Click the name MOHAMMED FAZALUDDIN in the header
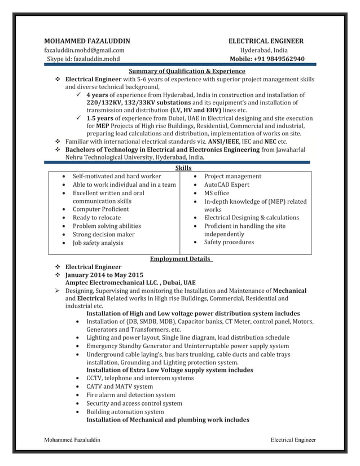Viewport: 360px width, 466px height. [x=87, y=41]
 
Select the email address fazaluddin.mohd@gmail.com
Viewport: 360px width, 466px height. [x=85, y=50]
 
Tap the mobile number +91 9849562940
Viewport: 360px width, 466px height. [x=267, y=59]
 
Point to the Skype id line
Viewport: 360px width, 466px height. [x=82, y=59]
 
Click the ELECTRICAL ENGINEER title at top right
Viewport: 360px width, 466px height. [x=265, y=41]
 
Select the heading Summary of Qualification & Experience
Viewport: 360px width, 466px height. [x=187, y=71]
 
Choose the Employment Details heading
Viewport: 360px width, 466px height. [x=181, y=258]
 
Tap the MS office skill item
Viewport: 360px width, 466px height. [x=217, y=193]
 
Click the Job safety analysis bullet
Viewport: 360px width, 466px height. [x=98, y=243]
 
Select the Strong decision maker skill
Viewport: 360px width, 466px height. [x=103, y=234]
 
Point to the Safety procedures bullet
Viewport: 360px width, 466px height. [x=229, y=242]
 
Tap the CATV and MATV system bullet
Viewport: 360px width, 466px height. [x=119, y=386]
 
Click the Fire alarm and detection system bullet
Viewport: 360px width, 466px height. [x=130, y=395]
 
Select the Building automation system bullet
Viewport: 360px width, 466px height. [x=125, y=412]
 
